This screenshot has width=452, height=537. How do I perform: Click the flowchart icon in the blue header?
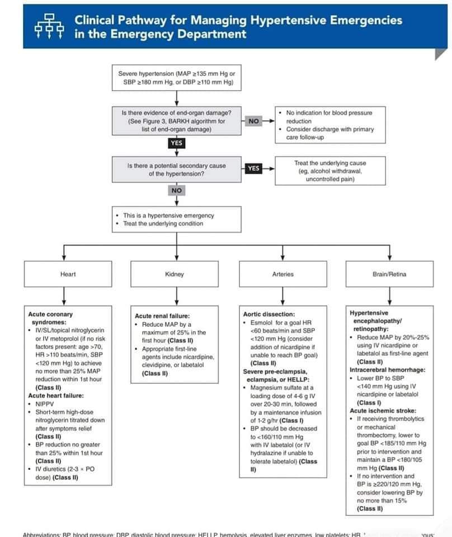click(47, 26)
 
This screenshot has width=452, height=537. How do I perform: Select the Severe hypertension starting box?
click(177, 78)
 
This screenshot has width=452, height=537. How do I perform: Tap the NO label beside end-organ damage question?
click(253, 121)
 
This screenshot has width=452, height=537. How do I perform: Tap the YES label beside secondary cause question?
click(253, 168)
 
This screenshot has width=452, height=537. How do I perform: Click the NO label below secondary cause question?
click(176, 191)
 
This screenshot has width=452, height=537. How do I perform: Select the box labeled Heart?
click(68, 274)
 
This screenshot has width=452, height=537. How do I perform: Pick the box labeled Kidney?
click(175, 274)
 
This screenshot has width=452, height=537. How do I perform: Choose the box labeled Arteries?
click(282, 274)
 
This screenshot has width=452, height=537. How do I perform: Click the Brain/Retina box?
click(389, 274)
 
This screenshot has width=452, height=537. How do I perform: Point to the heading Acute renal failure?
click(162, 316)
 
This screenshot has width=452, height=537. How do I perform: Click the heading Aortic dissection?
click(269, 314)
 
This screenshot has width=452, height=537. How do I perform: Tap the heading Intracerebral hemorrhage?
click(387, 370)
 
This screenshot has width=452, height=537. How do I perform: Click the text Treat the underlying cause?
click(330, 163)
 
